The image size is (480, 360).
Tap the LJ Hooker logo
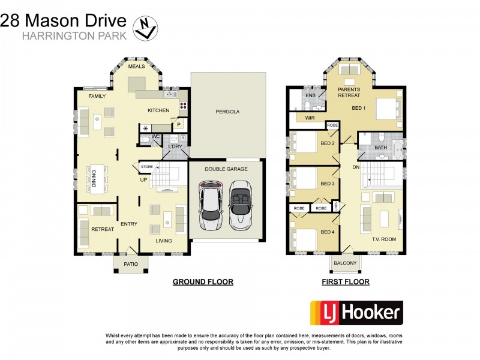tap(356, 313)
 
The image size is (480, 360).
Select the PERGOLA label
tap(227, 112)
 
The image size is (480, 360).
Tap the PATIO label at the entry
tap(131, 263)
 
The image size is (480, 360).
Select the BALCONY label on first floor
tap(345, 263)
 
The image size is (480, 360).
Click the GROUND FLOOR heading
tap(203, 281)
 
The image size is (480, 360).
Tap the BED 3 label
tap(327, 184)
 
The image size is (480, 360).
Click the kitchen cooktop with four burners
tap(182, 106)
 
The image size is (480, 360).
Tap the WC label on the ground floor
tap(155, 137)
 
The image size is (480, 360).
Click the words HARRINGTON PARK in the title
tap(74, 35)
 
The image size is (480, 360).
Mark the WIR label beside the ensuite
tap(310, 118)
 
